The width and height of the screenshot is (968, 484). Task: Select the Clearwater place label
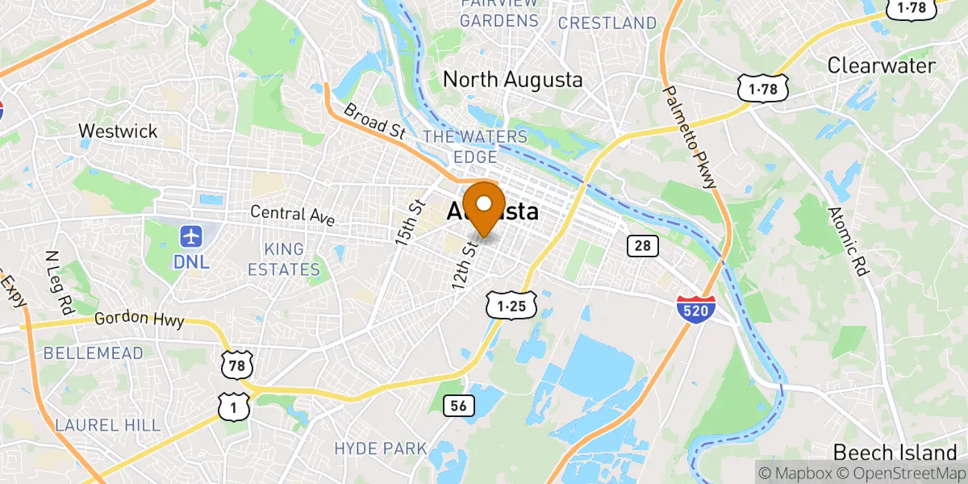pos(881,65)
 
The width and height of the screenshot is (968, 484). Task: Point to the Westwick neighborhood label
pos(117,131)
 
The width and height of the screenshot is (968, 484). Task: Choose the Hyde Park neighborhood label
pos(380,448)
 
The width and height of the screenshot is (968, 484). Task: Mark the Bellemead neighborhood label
pos(93,353)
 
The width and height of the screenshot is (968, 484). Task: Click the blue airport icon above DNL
pos(190,237)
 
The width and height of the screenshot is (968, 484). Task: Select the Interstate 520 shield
pos(696,308)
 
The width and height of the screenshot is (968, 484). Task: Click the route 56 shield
pos(458,406)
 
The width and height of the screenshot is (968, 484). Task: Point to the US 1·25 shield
pos(511,305)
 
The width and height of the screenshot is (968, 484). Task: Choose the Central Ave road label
pos(291,214)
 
